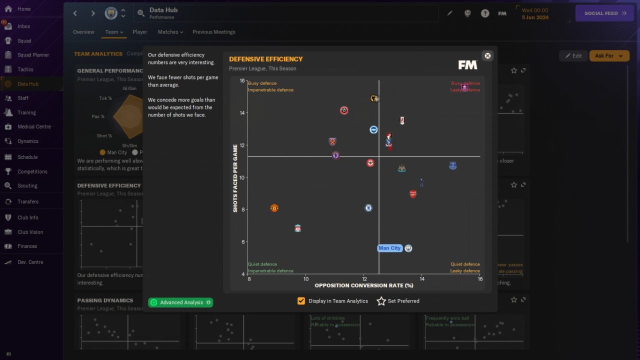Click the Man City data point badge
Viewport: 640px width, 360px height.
(x=408, y=248)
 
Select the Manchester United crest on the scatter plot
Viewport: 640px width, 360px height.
(x=274, y=208)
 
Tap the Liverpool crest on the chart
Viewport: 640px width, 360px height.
(x=298, y=228)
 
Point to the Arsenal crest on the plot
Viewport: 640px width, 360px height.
(x=413, y=194)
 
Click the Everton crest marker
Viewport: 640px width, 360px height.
(x=453, y=165)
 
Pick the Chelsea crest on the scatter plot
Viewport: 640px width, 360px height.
(x=368, y=208)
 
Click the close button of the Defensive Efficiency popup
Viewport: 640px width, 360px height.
(x=487, y=55)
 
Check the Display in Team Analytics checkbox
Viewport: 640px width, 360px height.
(x=301, y=301)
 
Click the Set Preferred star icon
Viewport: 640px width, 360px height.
(x=381, y=301)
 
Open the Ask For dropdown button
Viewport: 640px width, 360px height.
(x=609, y=55)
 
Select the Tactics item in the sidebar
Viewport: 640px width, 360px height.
(x=25, y=69)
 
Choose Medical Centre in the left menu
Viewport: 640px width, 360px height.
(x=34, y=126)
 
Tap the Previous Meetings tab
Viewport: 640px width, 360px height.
(x=213, y=32)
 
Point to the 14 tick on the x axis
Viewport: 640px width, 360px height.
(x=422, y=279)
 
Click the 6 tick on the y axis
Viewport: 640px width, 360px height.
(x=242, y=242)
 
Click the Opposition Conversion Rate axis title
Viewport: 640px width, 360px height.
(x=364, y=285)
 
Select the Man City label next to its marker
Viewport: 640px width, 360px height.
(x=389, y=248)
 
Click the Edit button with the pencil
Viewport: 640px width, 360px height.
(x=573, y=55)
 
